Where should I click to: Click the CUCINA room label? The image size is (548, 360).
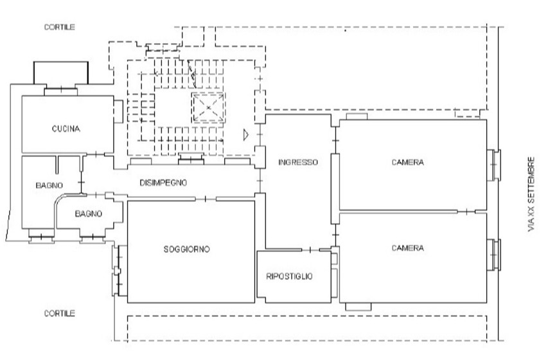click(66, 129)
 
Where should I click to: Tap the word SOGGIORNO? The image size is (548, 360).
click(186, 249)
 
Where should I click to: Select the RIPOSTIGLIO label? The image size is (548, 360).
click(289, 276)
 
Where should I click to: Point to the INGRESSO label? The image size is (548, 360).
click(298, 163)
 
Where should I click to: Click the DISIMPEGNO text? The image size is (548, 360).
click(163, 183)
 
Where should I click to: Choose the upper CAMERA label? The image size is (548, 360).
click(407, 163)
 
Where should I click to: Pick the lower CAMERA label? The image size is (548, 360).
click(407, 248)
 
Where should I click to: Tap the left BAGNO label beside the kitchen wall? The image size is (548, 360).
click(49, 185)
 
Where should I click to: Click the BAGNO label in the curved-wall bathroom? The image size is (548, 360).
click(89, 213)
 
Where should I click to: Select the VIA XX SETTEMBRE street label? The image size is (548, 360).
click(531, 194)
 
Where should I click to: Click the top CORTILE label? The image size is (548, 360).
click(59, 27)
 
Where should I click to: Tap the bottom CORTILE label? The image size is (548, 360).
click(59, 313)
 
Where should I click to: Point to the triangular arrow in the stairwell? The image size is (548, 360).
click(246, 135)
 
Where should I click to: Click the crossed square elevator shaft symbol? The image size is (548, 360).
click(208, 107)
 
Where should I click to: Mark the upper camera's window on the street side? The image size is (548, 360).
click(494, 165)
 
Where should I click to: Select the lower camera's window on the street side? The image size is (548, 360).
click(494, 255)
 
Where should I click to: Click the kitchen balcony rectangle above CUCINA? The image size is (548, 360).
click(61, 73)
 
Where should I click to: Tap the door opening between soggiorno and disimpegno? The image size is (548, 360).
click(205, 199)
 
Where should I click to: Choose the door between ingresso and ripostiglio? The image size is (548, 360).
click(310, 250)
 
